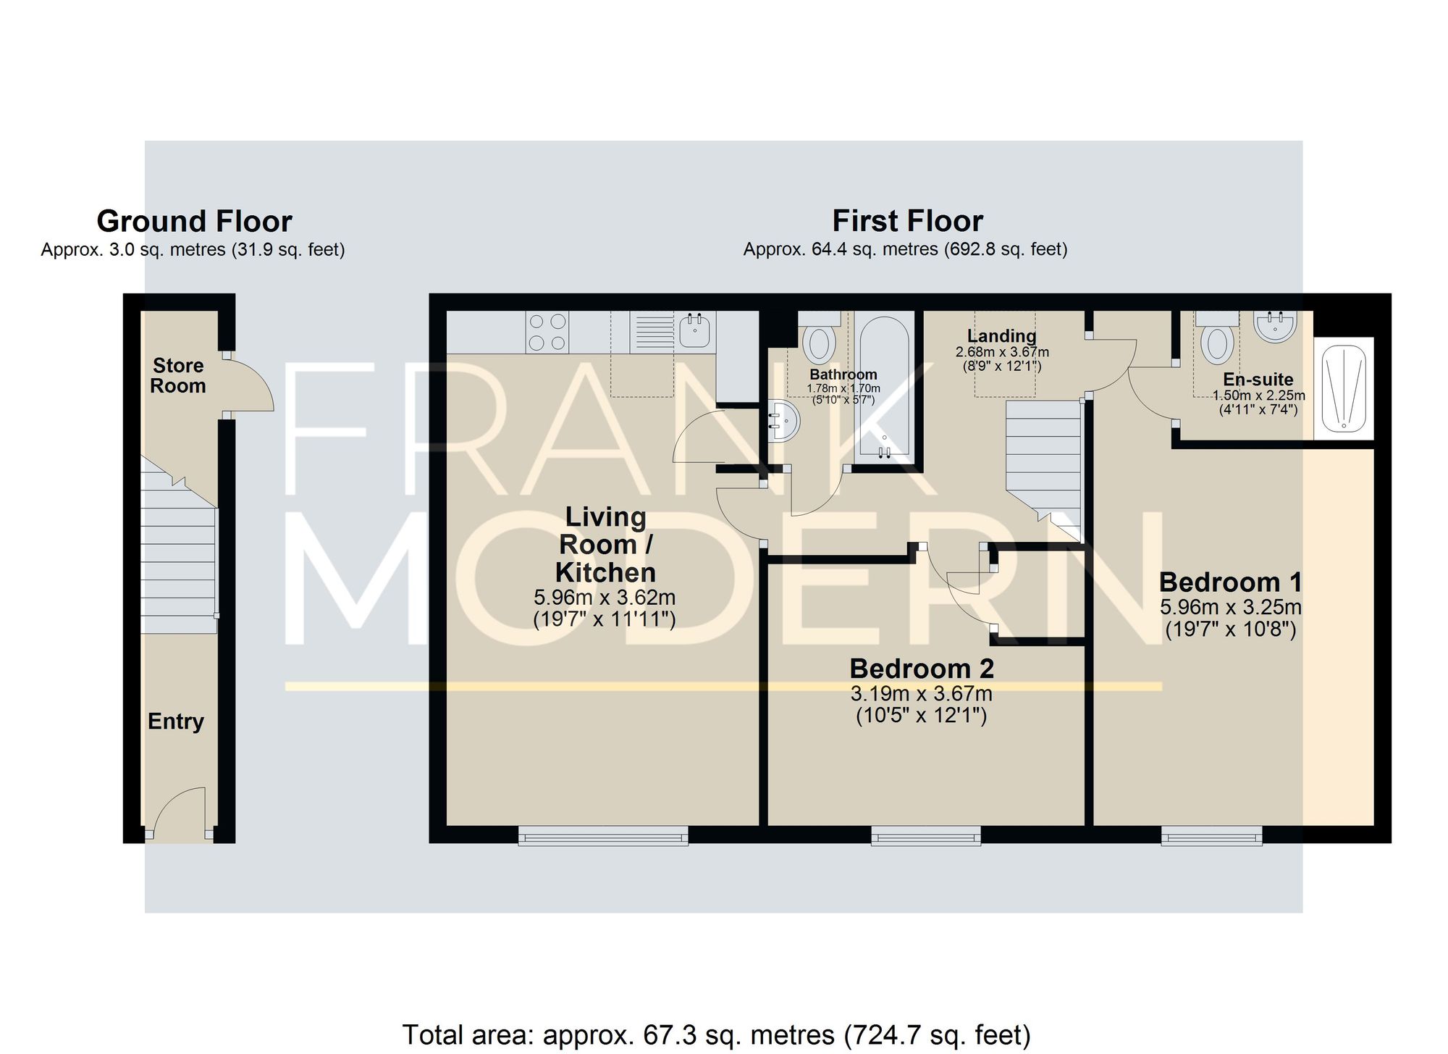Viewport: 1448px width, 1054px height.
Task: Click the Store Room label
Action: [178, 375]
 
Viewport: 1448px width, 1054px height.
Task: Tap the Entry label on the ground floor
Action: [176, 722]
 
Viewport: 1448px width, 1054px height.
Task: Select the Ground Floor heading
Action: [194, 221]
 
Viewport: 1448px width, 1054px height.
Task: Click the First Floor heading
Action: [908, 221]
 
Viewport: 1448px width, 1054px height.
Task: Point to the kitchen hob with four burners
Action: [547, 332]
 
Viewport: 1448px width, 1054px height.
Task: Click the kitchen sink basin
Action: [695, 331]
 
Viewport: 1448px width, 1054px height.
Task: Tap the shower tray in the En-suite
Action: [1344, 388]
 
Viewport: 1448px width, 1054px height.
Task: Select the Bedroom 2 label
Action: [922, 669]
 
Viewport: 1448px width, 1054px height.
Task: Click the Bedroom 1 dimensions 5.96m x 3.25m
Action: [1231, 607]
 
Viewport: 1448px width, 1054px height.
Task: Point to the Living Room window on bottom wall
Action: [603, 835]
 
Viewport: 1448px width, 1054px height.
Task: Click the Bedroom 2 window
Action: [926, 835]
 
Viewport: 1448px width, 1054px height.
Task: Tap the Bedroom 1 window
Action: [1212, 835]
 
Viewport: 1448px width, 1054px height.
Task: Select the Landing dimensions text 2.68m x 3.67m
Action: [1002, 352]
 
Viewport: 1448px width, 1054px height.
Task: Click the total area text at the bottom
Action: [716, 1034]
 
